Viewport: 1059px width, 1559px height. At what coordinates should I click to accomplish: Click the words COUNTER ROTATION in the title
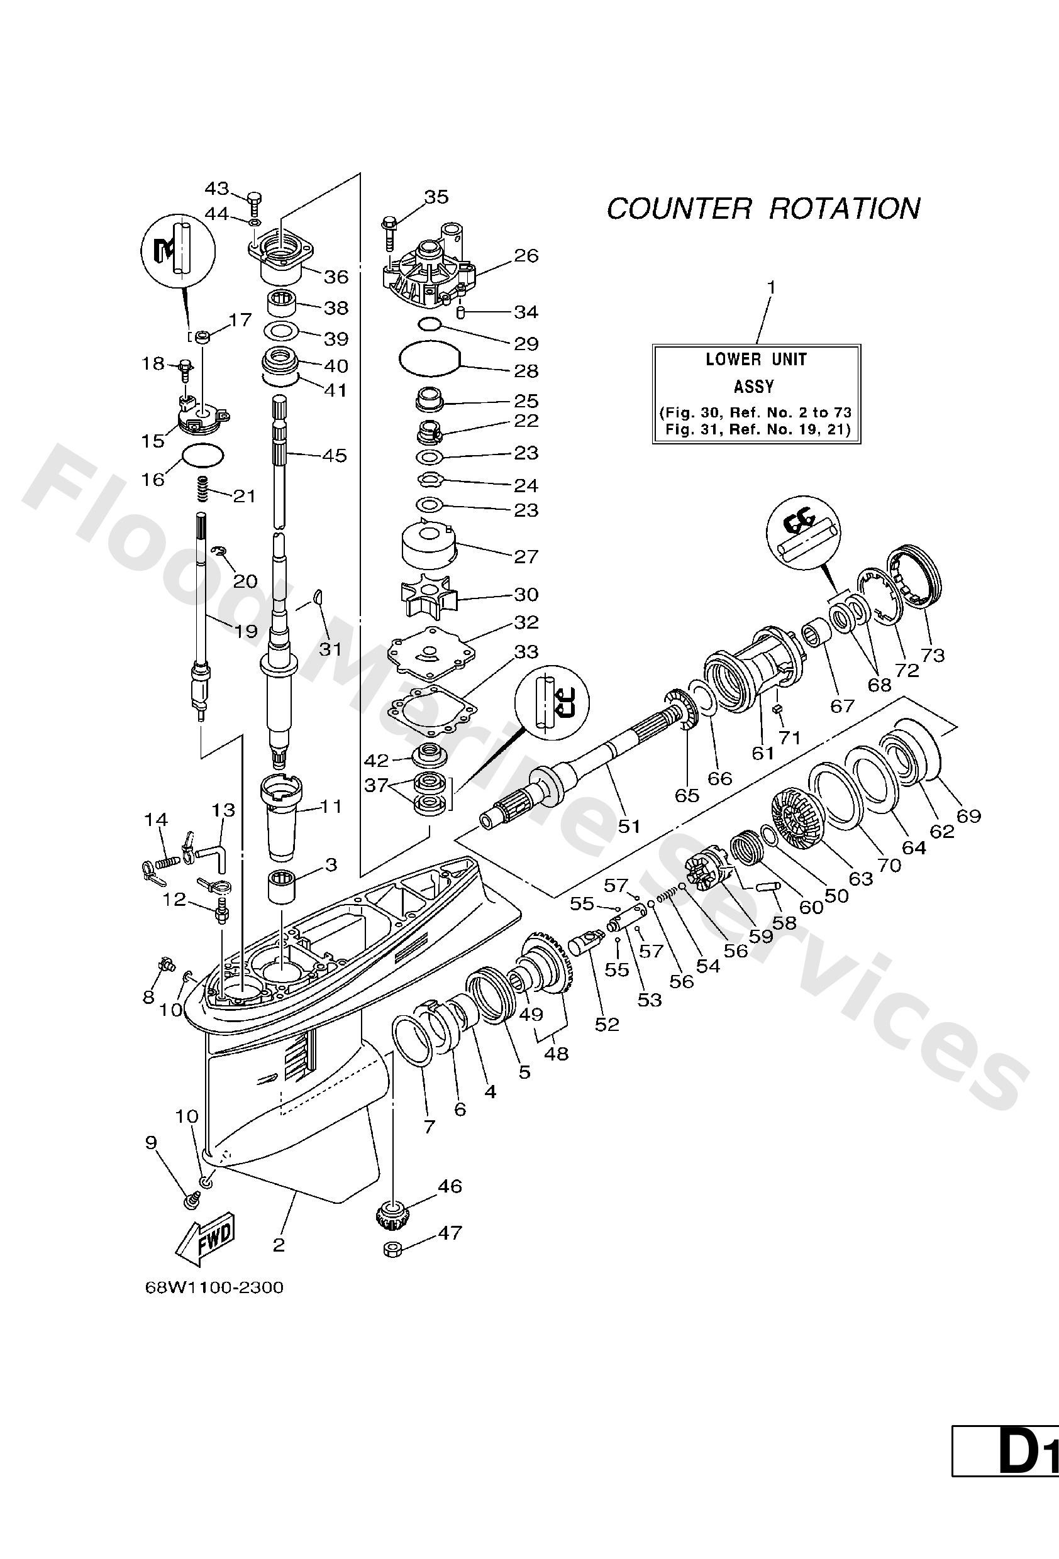[x=763, y=209]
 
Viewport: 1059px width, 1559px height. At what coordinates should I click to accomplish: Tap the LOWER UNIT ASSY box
[x=757, y=394]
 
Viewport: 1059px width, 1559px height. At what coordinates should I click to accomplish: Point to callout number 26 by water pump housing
[x=526, y=256]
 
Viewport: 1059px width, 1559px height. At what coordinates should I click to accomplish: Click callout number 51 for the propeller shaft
[x=629, y=827]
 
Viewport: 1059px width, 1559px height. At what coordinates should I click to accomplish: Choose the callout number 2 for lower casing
[x=279, y=1245]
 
